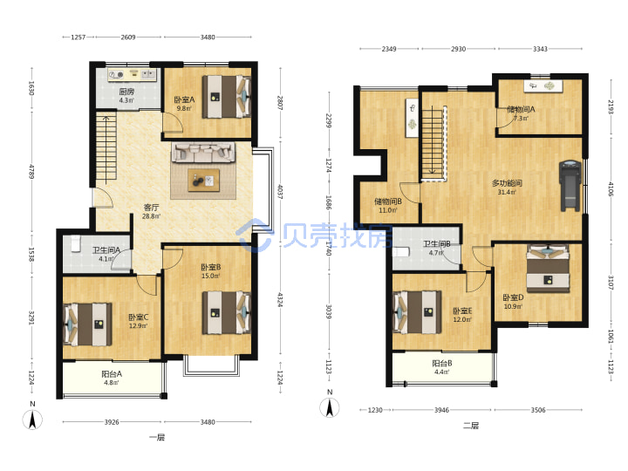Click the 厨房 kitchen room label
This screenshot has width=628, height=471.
click(126, 92)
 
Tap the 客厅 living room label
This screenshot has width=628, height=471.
click(152, 207)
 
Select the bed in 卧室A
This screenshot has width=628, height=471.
click(226, 97)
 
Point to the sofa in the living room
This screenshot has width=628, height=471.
click(203, 153)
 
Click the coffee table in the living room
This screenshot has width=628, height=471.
click(203, 180)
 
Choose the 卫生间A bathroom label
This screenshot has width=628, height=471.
click(106, 250)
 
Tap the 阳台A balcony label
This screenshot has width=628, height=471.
click(112, 374)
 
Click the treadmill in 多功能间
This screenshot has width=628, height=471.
click(570, 186)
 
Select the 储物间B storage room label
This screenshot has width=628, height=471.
click(387, 201)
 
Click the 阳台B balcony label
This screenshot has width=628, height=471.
click(441, 363)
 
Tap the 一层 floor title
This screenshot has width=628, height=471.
click(157, 437)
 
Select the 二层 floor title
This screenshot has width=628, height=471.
click(471, 426)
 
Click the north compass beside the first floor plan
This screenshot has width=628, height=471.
click(32, 420)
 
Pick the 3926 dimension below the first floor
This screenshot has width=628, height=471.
click(112, 422)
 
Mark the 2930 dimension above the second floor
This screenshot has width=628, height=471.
click(459, 49)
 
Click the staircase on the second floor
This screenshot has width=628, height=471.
click(433, 143)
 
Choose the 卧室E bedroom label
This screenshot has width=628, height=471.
click(462, 311)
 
